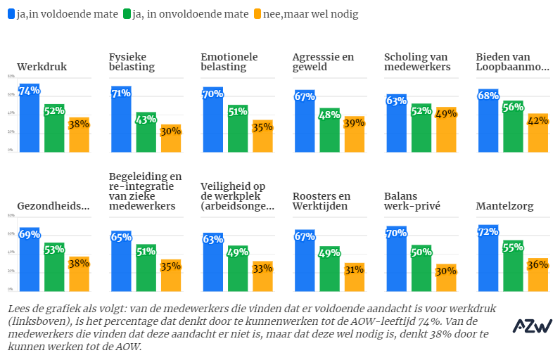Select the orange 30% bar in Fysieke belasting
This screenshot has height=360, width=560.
[x=171, y=139]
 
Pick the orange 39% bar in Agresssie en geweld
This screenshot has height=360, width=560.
[x=354, y=134]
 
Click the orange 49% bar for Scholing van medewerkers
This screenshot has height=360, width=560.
[x=446, y=129]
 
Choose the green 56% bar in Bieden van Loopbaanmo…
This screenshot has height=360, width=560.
[x=513, y=127]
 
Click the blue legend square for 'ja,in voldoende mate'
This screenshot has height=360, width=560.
[x=11, y=14]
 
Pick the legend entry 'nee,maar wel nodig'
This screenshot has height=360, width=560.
[x=310, y=14]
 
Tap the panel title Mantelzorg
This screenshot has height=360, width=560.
[x=504, y=207]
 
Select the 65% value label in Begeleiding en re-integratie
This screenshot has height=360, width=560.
[x=121, y=237]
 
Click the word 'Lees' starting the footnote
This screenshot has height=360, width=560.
[x=20, y=309]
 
